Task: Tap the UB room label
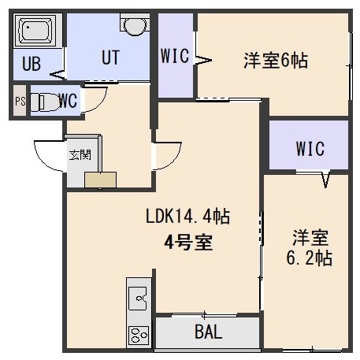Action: [x=32, y=64]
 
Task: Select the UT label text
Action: [x=110, y=58]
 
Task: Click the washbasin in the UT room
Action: [x=135, y=25]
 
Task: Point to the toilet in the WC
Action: [x=44, y=102]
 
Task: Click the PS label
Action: [x=20, y=102]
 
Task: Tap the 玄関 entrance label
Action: [x=80, y=155]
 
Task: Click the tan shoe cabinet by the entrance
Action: [x=100, y=180]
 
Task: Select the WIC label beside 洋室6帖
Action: [x=175, y=56]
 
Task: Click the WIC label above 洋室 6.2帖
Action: [x=310, y=149]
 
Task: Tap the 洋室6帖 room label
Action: [x=276, y=61]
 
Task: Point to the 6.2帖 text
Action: [x=310, y=258]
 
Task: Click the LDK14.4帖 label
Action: [x=187, y=216]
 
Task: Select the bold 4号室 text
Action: [x=188, y=243]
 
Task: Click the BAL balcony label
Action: [x=209, y=332]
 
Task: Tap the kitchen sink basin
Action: [x=137, y=299]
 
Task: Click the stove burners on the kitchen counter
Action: [x=139, y=335]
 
